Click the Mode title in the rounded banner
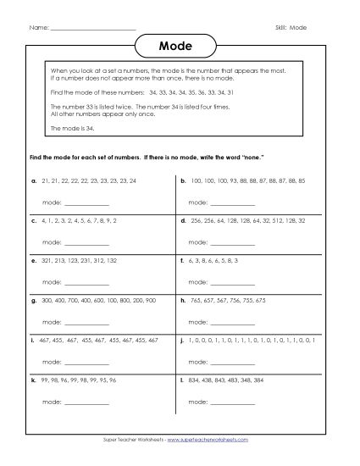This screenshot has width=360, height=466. (x=180, y=46)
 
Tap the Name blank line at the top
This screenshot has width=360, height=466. (x=93, y=28)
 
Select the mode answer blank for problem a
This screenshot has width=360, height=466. (x=86, y=203)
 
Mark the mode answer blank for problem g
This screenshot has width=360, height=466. (x=86, y=322)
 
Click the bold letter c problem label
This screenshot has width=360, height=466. (x=32, y=219)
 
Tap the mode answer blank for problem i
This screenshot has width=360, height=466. (x=86, y=363)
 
